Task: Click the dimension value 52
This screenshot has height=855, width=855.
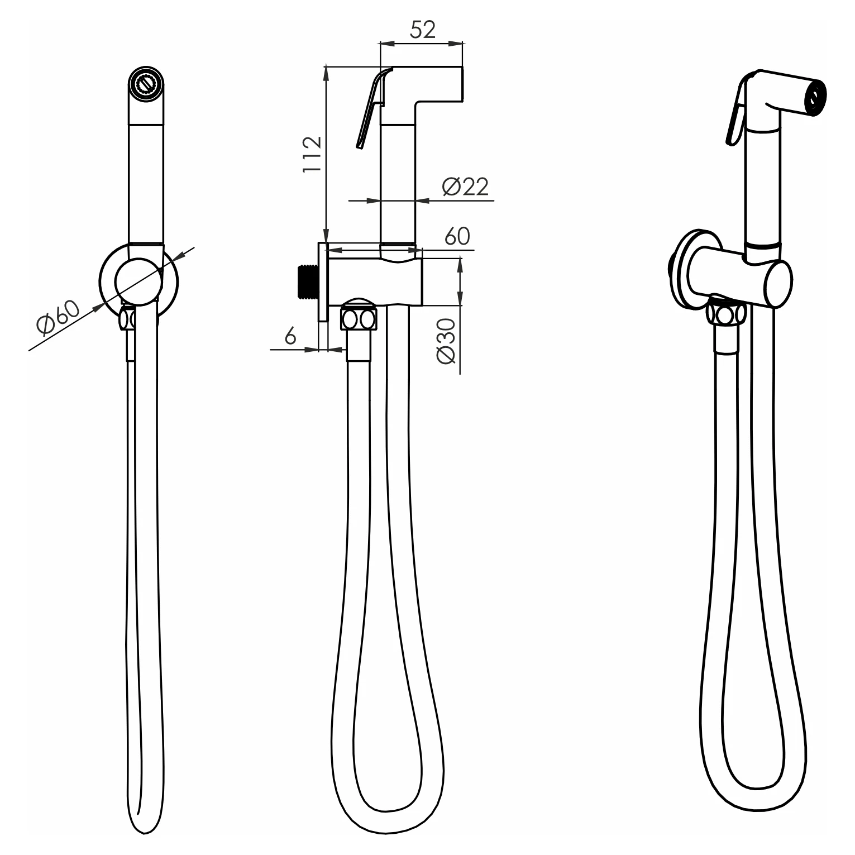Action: (x=422, y=30)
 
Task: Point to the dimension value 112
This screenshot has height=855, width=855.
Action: (x=312, y=154)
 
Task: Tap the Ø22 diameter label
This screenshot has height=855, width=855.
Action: (x=465, y=187)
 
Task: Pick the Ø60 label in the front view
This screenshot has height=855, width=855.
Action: (x=59, y=316)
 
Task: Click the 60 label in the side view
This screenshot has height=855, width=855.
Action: (x=457, y=236)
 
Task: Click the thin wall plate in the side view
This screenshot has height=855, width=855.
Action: (x=323, y=281)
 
